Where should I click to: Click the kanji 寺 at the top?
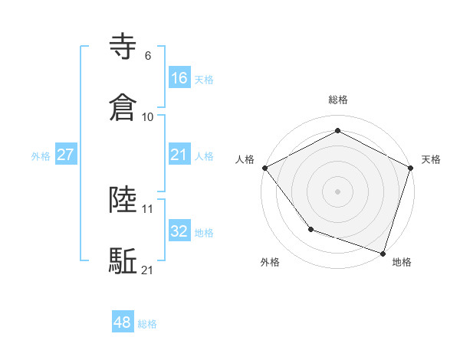click(x=124, y=47)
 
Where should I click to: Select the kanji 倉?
click(x=124, y=107)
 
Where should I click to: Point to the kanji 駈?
click(x=124, y=260)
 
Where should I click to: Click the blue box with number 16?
click(x=179, y=77)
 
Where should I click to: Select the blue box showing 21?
click(x=179, y=155)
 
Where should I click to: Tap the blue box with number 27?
click(x=66, y=155)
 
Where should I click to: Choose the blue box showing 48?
click(x=123, y=322)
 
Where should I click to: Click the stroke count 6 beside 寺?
click(x=148, y=56)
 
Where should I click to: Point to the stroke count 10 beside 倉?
click(x=148, y=117)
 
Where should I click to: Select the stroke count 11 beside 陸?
click(x=148, y=208)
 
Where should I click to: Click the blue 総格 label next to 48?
click(x=147, y=324)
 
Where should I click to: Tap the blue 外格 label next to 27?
click(x=41, y=155)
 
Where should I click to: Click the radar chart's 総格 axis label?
click(x=338, y=100)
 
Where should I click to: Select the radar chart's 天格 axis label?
click(x=431, y=159)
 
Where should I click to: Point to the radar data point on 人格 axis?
click(x=264, y=167)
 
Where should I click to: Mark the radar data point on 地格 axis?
click(x=383, y=252)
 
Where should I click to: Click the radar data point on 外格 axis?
click(x=310, y=228)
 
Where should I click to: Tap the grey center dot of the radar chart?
click(x=337, y=191)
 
